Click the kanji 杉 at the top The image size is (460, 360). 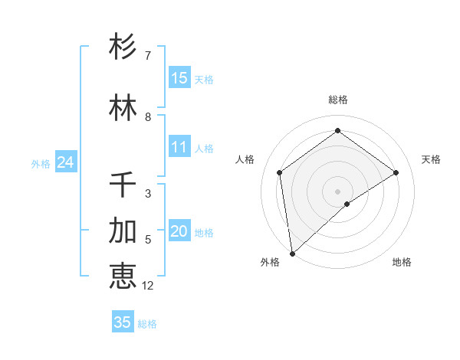(x=123, y=47)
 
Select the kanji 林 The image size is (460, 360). (x=123, y=108)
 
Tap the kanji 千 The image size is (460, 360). (x=123, y=185)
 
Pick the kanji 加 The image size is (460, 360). (x=123, y=231)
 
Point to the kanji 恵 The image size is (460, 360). (x=123, y=277)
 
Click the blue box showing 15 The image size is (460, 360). (x=179, y=78)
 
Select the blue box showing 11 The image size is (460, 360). (x=179, y=147)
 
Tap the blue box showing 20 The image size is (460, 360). (x=179, y=231)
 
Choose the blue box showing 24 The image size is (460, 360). (x=65, y=162)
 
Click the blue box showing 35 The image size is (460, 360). (x=123, y=322)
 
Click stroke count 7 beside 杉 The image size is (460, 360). (x=148, y=56)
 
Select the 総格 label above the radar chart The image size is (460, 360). (x=338, y=100)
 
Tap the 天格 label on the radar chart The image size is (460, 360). (x=431, y=159)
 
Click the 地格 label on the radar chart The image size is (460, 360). (x=402, y=262)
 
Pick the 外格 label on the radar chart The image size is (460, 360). (x=270, y=262)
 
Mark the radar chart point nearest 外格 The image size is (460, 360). (x=292, y=253)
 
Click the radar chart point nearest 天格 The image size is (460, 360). (x=396, y=172)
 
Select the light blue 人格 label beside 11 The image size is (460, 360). (x=203, y=148)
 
